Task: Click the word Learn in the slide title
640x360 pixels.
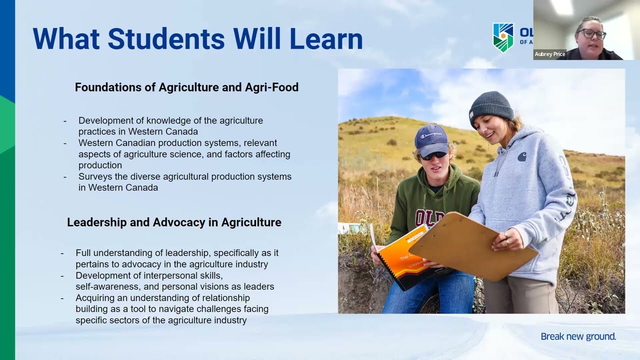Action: pyautogui.click(x=326, y=39)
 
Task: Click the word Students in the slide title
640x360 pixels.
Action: pyautogui.click(x=166, y=39)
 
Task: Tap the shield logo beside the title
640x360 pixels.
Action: pyautogui.click(x=503, y=37)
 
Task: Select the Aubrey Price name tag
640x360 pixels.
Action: pyautogui.click(x=549, y=54)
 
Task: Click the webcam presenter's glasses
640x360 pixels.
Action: pyautogui.click(x=592, y=34)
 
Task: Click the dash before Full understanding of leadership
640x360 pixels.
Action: pyautogui.click(x=62, y=253)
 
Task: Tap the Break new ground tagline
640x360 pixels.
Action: pyautogui.click(x=578, y=336)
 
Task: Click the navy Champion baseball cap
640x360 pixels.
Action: pyautogui.click(x=432, y=139)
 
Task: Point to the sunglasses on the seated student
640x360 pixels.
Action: pyautogui.click(x=433, y=155)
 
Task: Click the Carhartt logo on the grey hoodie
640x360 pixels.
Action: pyautogui.click(x=522, y=156)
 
